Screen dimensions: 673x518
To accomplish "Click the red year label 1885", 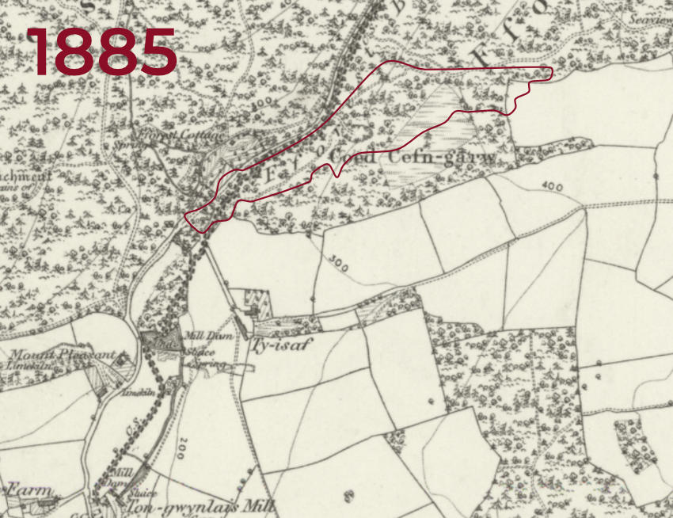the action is (x=101, y=52).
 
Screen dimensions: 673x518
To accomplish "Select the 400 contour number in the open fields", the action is (x=552, y=187).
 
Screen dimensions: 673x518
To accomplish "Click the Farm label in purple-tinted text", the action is (x=29, y=491).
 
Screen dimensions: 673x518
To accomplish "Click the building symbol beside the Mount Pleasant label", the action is (x=122, y=359).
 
